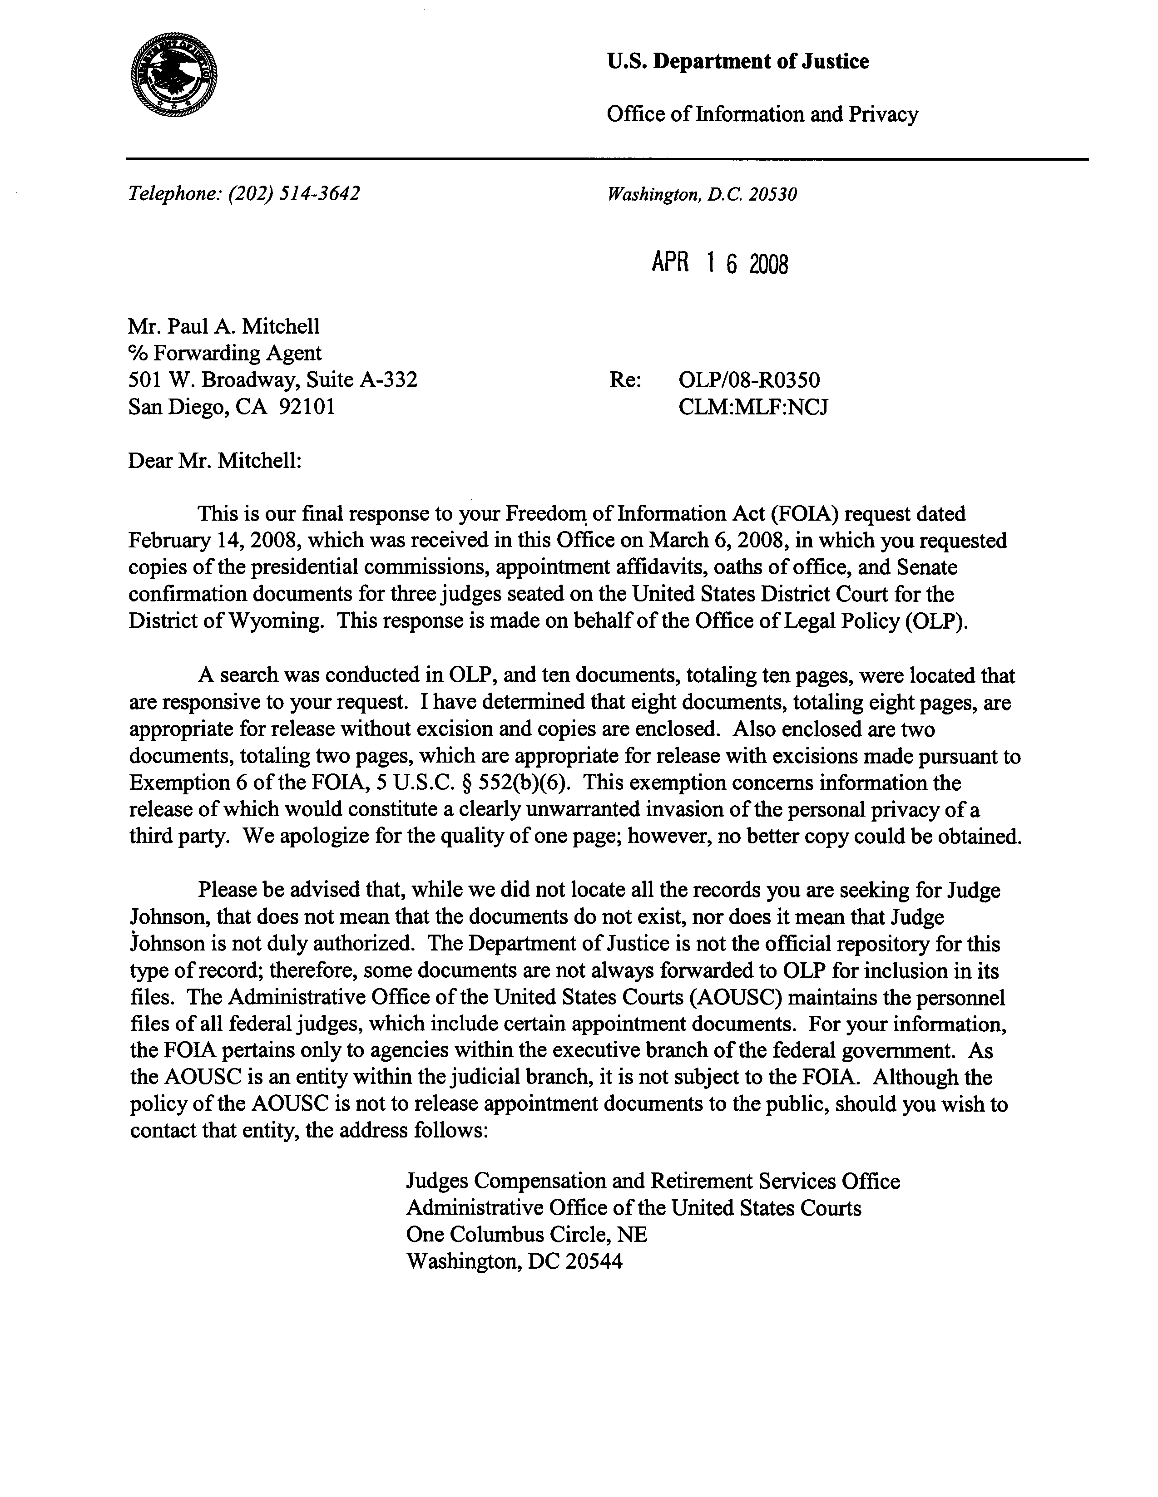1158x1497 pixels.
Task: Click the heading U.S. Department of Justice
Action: pos(737,62)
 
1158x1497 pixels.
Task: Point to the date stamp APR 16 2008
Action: pos(719,263)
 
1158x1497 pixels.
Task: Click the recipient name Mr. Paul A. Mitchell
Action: pos(223,326)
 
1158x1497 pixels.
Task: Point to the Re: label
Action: pos(624,380)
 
